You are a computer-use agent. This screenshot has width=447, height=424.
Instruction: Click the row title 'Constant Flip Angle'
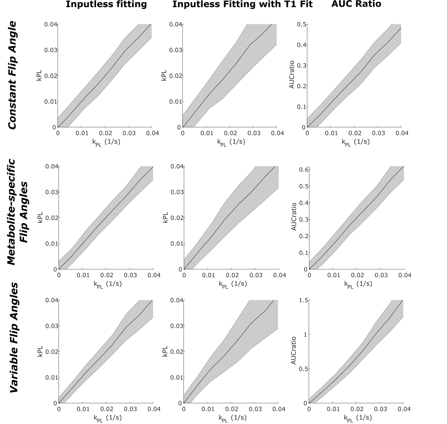click(12, 75)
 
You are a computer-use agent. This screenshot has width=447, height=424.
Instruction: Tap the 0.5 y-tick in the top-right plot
click(302, 25)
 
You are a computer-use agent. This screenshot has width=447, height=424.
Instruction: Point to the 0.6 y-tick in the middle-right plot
click(303, 170)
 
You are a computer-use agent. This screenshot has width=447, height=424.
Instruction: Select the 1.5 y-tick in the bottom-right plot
click(303, 300)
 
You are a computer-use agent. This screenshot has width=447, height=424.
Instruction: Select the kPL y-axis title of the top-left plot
click(40, 76)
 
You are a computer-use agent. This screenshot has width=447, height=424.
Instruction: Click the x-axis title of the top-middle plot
click(231, 142)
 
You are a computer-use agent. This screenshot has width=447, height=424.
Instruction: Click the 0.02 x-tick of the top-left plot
click(105, 133)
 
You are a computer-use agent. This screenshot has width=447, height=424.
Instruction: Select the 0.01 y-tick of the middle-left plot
click(51, 244)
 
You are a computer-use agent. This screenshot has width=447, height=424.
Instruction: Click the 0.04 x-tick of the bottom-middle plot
click(279, 409)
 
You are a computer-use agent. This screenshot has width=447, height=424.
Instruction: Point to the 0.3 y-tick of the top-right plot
click(302, 66)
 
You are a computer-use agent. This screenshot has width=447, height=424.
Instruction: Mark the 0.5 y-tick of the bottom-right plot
click(303, 369)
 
